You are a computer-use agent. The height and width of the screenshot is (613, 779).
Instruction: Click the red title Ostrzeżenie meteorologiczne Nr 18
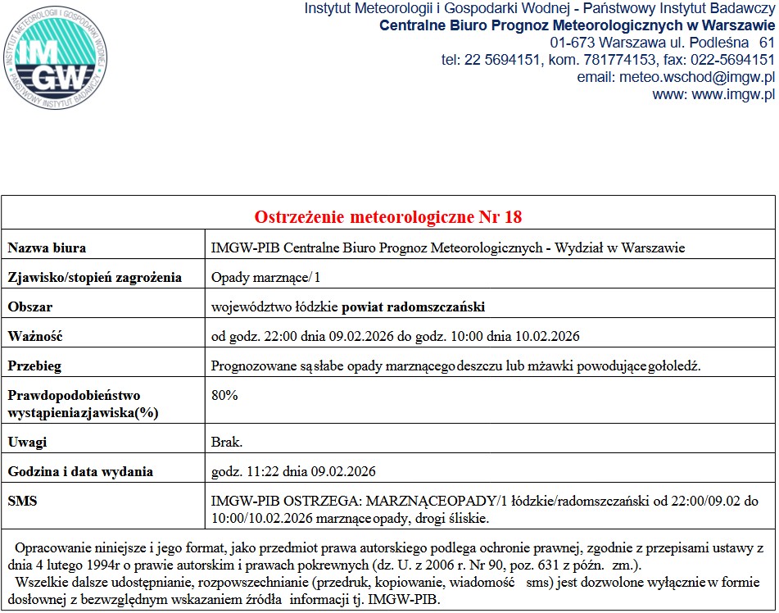388,217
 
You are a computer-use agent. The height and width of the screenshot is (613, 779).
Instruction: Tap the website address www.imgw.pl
733,94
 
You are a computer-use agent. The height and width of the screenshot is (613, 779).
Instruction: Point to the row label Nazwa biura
47,247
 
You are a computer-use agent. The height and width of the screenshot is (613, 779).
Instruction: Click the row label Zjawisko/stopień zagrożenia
95,277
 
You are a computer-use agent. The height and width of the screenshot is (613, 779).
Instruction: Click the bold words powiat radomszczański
413,306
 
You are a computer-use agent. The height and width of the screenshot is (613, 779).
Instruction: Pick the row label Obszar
30,306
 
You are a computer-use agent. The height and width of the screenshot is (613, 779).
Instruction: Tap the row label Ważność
34,336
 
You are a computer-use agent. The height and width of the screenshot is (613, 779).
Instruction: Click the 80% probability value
224,395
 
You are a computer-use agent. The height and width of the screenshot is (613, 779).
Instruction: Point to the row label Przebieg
34,366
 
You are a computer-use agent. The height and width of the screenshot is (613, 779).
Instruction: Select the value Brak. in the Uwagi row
227,442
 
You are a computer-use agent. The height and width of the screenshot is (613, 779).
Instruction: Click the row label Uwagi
27,442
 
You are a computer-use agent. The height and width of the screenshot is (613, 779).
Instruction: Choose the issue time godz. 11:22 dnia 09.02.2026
293,471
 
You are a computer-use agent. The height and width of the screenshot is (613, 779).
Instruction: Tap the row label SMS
22,500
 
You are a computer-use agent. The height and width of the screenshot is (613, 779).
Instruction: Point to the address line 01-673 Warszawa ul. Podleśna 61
662,42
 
